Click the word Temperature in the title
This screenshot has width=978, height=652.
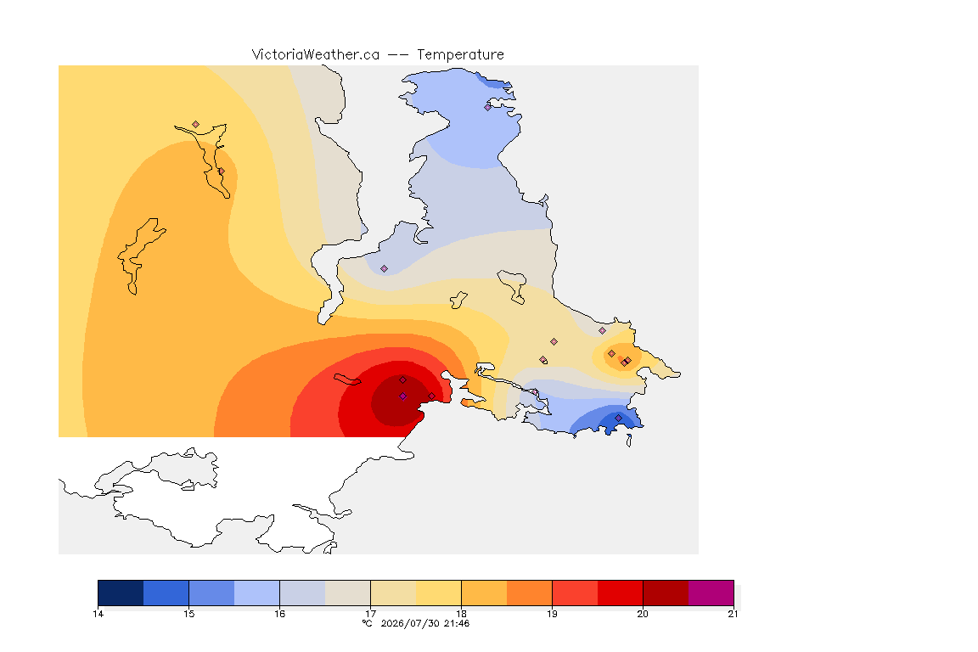pyautogui.click(x=460, y=55)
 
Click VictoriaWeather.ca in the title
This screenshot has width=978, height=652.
pyautogui.click(x=316, y=55)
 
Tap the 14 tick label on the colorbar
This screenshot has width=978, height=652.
pyautogui.click(x=98, y=614)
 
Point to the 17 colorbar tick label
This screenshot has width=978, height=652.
pyautogui.click(x=370, y=614)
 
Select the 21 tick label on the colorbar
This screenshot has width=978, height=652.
pyautogui.click(x=733, y=614)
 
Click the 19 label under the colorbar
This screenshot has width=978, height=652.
pyautogui.click(x=552, y=614)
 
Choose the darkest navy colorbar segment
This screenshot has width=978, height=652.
pyautogui.click(x=121, y=593)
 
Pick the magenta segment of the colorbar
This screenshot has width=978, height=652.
pyautogui.click(x=711, y=593)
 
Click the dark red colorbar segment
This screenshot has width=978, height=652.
pyautogui.click(x=666, y=593)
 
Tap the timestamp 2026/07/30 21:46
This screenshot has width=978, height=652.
pyautogui.click(x=424, y=623)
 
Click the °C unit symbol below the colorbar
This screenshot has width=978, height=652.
pyautogui.click(x=368, y=623)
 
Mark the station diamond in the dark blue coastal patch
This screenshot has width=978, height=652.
pyautogui.click(x=618, y=418)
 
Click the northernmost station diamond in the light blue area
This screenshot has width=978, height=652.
pyautogui.click(x=488, y=107)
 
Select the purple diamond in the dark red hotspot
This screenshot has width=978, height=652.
pyautogui.click(x=403, y=396)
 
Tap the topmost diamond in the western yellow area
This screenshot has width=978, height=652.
pyautogui.click(x=196, y=125)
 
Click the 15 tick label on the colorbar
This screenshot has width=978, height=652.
pyautogui.click(x=189, y=614)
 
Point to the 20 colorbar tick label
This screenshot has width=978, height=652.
pyautogui.click(x=643, y=614)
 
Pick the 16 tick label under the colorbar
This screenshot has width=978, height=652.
pyautogui.click(x=279, y=614)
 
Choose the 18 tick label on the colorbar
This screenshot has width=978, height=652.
pyautogui.click(x=462, y=614)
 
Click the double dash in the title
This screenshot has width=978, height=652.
pyautogui.click(x=398, y=55)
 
